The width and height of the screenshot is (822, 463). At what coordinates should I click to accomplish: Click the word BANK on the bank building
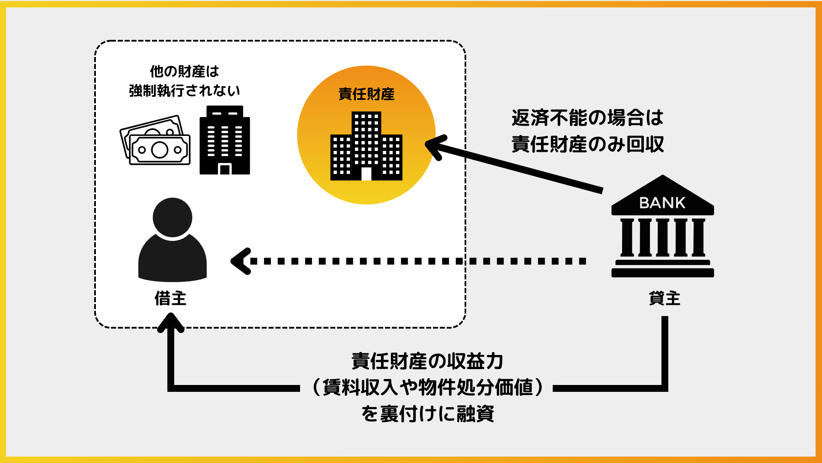pyautogui.click(x=662, y=203)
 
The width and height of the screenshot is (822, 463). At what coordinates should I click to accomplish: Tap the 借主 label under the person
pyautogui.click(x=170, y=298)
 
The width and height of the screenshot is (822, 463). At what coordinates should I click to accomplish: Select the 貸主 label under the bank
pyautogui.click(x=664, y=298)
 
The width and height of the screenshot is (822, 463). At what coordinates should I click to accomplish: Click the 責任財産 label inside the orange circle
pyautogui.click(x=366, y=94)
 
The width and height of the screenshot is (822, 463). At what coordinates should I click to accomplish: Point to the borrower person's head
pyautogui.click(x=173, y=217)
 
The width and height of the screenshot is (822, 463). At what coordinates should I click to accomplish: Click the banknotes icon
pyautogui.click(x=155, y=141)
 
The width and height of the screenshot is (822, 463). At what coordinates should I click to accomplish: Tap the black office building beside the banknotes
pyautogui.click(x=225, y=140)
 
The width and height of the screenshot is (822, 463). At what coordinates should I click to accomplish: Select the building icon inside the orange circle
pyautogui.click(x=366, y=146)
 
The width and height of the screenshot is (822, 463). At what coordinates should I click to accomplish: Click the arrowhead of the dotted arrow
pyautogui.click(x=240, y=261)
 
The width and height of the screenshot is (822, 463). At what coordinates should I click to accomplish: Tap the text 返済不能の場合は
pyautogui.click(x=587, y=117)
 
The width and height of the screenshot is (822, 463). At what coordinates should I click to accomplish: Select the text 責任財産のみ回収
pyautogui.click(x=587, y=144)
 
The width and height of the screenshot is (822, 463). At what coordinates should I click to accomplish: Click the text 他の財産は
pyautogui.click(x=185, y=71)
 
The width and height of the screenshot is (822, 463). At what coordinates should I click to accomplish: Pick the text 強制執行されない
pyautogui.click(x=185, y=90)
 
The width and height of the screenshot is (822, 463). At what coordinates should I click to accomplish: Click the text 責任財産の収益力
pyautogui.click(x=427, y=361)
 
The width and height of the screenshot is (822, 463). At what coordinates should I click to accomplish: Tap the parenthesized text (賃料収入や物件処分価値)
pyautogui.click(x=427, y=387)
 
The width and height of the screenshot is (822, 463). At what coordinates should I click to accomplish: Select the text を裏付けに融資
pyautogui.click(x=427, y=414)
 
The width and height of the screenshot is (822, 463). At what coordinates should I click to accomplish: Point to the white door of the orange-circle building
pyautogui.click(x=366, y=174)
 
